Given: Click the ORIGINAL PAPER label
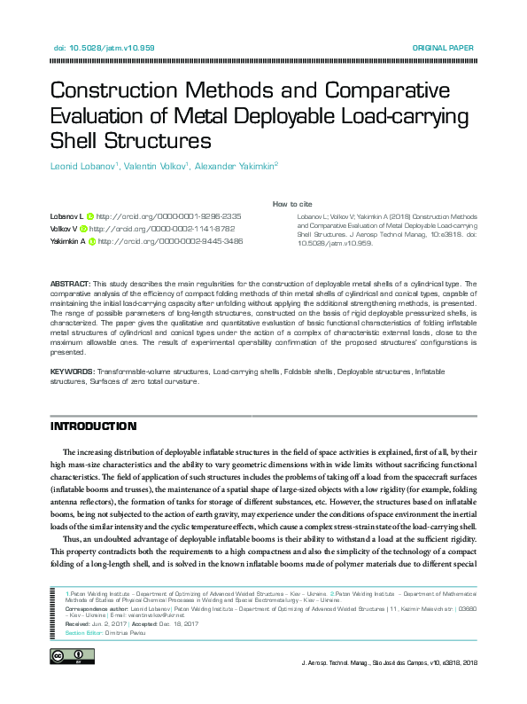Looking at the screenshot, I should point(444,48).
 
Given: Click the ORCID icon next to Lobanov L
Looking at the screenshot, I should point(89,216).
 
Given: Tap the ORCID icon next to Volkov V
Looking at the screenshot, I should point(84,229).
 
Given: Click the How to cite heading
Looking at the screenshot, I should point(291,204).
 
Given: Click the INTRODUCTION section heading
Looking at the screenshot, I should point(94,426).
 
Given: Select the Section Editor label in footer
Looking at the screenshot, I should point(88,632).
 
